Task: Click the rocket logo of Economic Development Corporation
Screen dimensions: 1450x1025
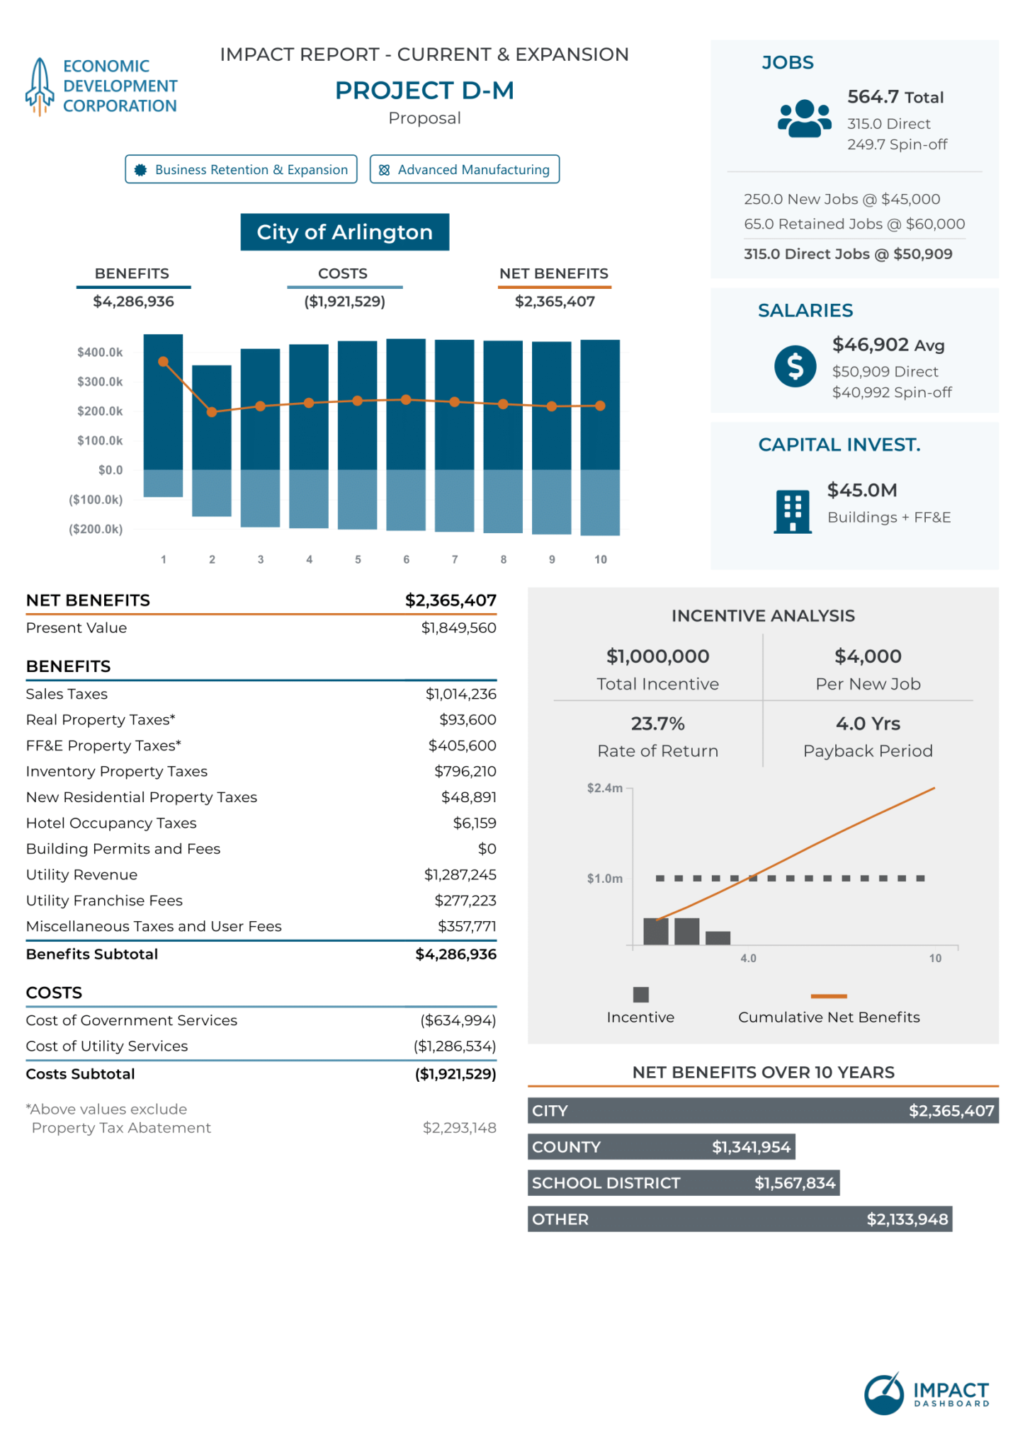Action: tap(40, 86)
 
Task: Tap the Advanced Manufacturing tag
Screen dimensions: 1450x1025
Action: tap(465, 169)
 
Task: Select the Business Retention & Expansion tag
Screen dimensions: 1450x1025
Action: tap(241, 169)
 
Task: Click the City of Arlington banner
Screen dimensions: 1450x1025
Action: tap(344, 232)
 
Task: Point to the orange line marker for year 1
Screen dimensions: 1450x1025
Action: tap(164, 362)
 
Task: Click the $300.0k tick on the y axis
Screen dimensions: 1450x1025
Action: tap(100, 382)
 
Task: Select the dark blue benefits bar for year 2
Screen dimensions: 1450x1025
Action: tap(212, 418)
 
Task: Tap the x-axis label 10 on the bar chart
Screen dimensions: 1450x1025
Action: tap(600, 559)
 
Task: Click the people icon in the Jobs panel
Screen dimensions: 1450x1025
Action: tap(804, 118)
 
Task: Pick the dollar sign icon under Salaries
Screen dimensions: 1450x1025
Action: tap(795, 366)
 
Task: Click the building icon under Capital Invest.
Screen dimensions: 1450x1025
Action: tap(793, 510)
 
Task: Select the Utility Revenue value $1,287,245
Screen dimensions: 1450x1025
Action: tap(460, 874)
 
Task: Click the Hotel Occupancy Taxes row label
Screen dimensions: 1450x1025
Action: tap(111, 823)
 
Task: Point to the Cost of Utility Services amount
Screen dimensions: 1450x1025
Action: tap(454, 1046)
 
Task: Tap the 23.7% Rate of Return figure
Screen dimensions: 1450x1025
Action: tap(657, 724)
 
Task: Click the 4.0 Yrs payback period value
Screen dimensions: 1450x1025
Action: tap(868, 724)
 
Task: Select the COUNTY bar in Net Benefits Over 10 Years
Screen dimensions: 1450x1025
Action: tap(661, 1146)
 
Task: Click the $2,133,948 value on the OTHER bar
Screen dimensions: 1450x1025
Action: tap(907, 1219)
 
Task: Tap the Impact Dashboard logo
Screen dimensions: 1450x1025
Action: tap(926, 1393)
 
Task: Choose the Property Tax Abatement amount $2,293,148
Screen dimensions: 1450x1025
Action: tap(459, 1128)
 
